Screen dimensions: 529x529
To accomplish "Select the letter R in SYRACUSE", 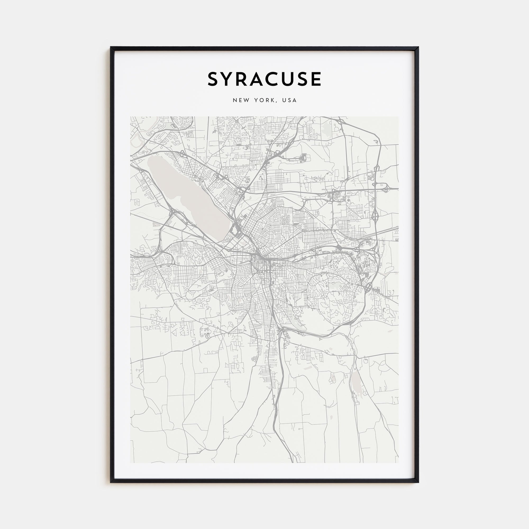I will (x=244, y=79).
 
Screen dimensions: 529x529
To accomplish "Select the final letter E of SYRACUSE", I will (x=317, y=79).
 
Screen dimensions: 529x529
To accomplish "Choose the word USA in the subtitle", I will (x=290, y=100).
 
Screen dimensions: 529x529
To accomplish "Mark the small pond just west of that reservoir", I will (x=333, y=378).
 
